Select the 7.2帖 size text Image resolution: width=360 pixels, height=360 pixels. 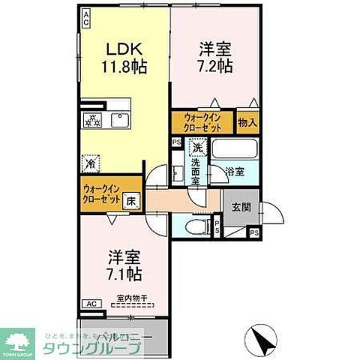click(x=215, y=65)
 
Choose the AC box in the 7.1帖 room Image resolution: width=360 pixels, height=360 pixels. click(x=91, y=303)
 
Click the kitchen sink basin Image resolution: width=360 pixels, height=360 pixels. click(x=118, y=120)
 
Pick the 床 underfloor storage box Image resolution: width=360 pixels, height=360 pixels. click(x=130, y=200)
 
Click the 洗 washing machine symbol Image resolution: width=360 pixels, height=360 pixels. click(x=195, y=148)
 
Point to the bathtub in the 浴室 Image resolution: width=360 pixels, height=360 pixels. click(x=235, y=148)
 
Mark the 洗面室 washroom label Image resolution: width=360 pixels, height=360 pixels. click(x=195, y=172)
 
